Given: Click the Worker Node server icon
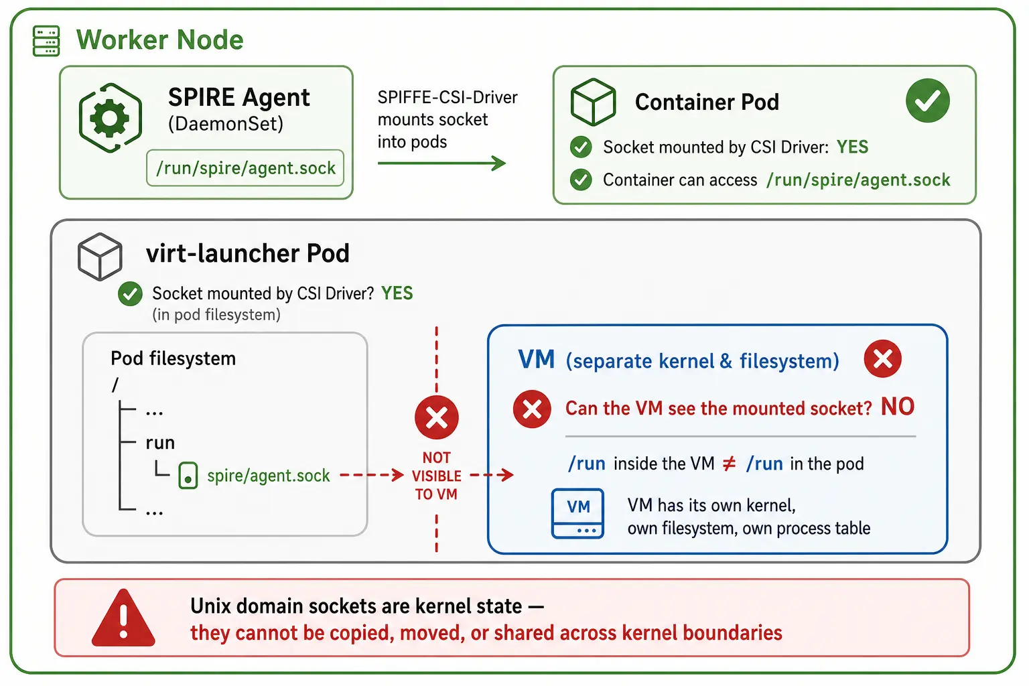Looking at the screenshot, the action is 46,41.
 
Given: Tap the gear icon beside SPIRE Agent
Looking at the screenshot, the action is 110,118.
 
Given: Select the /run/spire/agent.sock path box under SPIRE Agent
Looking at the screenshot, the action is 245,168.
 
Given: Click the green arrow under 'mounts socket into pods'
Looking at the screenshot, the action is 441,163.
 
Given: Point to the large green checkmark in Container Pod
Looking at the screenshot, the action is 927,100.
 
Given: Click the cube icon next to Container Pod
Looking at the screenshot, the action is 593,102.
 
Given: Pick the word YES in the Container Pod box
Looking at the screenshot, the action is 852,147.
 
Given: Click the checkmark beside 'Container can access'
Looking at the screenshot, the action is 581,180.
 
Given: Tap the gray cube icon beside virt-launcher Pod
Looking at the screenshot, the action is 100,257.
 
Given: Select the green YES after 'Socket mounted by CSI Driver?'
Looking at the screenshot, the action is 397,293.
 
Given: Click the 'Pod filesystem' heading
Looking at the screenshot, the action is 174,358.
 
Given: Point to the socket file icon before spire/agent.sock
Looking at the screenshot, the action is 188,475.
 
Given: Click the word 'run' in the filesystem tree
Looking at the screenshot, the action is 160,443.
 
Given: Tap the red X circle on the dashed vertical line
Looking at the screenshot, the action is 436,417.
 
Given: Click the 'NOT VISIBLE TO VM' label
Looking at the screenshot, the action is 436,476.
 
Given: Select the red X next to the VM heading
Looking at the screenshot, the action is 882,359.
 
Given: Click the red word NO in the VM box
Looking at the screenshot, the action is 898,407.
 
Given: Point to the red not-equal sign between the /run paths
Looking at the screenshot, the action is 729,464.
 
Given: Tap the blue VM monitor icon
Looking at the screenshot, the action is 577,513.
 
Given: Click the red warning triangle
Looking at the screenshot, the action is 123,618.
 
